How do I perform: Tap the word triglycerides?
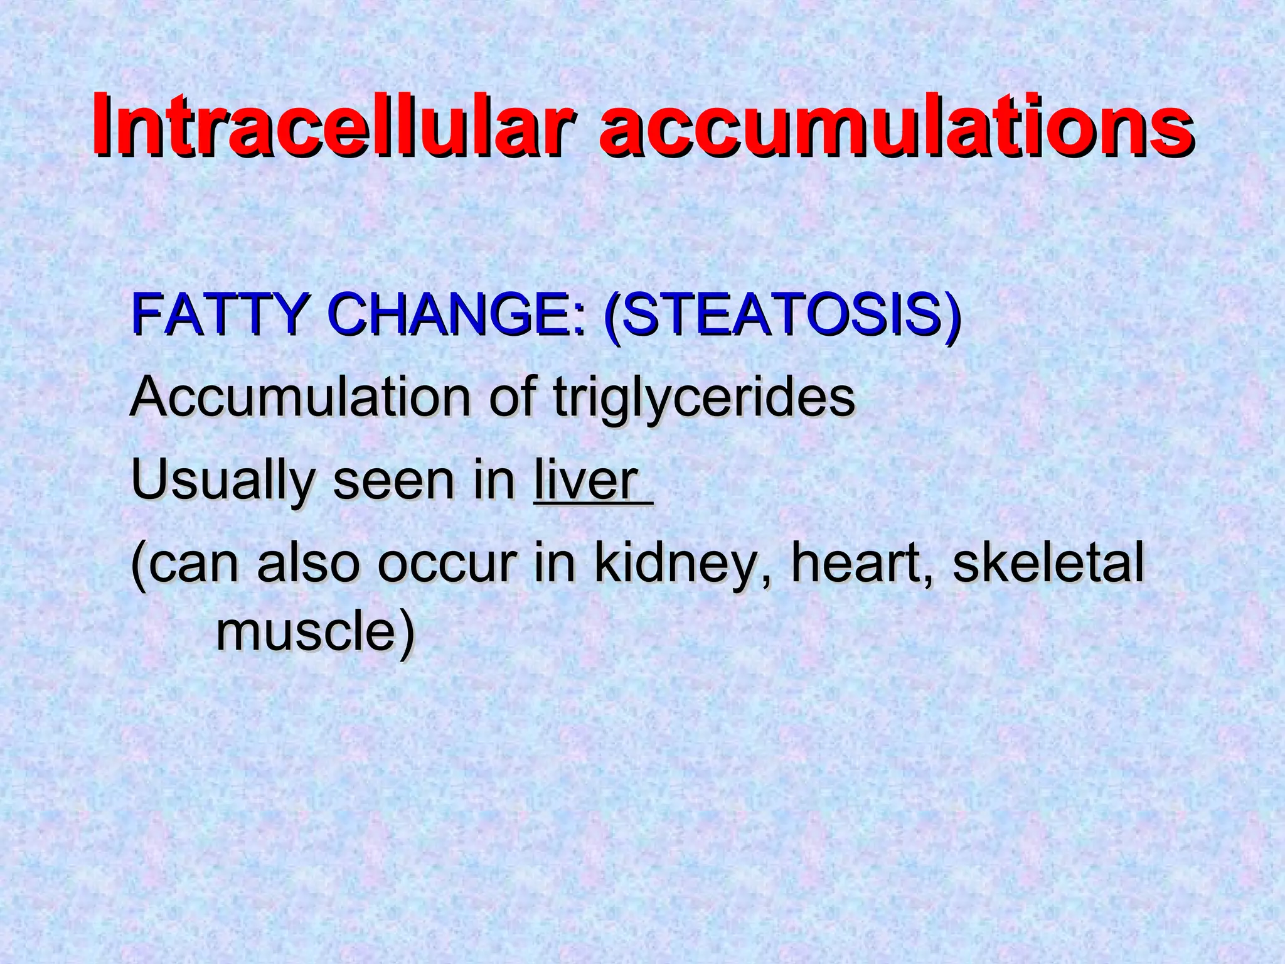[703, 399]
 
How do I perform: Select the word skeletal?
[1048, 564]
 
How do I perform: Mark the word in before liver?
[493, 482]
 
